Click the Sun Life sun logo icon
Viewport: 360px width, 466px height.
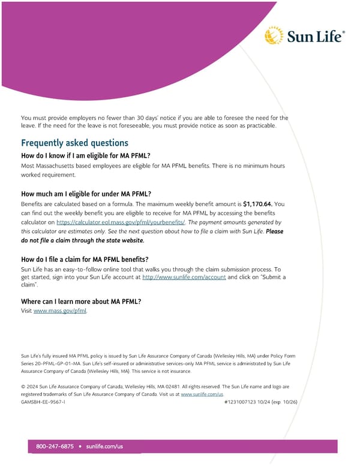(x=274, y=35)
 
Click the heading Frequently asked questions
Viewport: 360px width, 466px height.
(x=74, y=143)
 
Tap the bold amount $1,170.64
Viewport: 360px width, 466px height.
(x=258, y=204)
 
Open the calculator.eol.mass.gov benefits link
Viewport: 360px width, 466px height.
(x=121, y=222)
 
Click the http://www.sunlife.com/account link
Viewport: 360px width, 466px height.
(x=184, y=277)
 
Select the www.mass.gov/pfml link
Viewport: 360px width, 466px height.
(x=60, y=311)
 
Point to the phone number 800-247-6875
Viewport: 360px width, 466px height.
(x=55, y=447)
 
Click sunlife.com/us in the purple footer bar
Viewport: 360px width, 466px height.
(x=104, y=447)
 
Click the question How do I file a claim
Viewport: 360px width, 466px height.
(x=85, y=259)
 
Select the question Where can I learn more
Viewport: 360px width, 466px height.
(x=81, y=301)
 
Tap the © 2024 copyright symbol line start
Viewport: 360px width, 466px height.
(x=23, y=387)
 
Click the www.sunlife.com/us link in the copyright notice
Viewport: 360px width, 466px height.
(x=202, y=394)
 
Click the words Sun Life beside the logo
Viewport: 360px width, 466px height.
(x=316, y=37)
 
